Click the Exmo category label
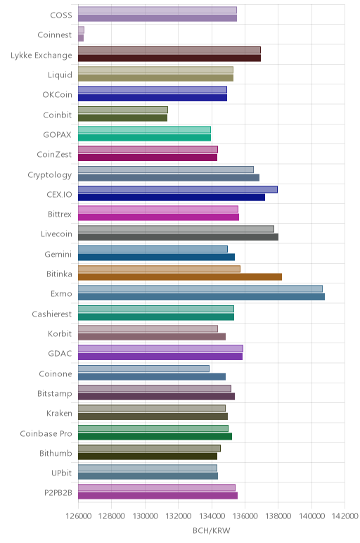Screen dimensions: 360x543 [x=61, y=294]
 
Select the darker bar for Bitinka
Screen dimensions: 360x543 [x=180, y=276]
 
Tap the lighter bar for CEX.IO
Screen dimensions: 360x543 [x=178, y=189]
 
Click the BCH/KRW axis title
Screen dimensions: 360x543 [x=211, y=530]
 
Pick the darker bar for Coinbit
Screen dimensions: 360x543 [x=123, y=117]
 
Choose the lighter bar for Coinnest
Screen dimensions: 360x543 [x=81, y=30]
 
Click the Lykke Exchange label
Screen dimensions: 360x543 [x=41, y=56]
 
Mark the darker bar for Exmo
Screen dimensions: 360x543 [x=202, y=297]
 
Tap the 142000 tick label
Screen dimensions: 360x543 [x=345, y=516]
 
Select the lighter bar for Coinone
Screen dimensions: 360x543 [x=143, y=369]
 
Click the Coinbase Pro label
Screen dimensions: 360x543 [x=46, y=433]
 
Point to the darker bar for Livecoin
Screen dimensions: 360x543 [x=179, y=237]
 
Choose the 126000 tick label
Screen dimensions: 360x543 [x=78, y=516]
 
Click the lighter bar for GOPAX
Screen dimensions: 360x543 [x=144, y=129]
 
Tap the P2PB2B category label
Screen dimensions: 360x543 [x=58, y=492]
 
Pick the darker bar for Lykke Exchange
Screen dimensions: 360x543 [x=169, y=58]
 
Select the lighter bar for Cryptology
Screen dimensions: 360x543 [x=166, y=170]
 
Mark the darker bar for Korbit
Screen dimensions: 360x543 [x=152, y=337]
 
